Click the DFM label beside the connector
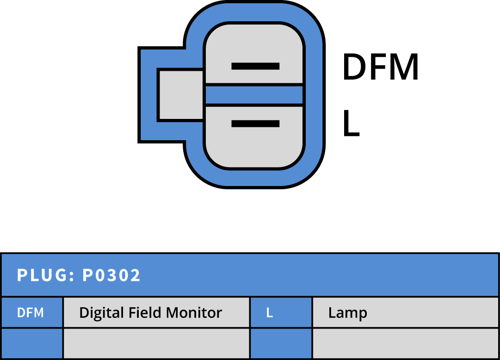click(x=380, y=67)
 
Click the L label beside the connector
click(x=351, y=123)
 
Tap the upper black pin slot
click(x=255, y=66)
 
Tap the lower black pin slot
click(x=255, y=124)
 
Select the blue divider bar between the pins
click(x=254, y=95)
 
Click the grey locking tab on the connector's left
click(x=181, y=95)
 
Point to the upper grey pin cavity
click(x=254, y=54)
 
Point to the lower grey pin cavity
click(x=254, y=137)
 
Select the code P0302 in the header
click(x=111, y=275)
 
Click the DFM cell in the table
click(x=32, y=312)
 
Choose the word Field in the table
click(x=145, y=312)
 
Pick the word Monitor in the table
click(x=194, y=312)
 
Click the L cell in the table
click(x=281, y=312)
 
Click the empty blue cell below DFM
click(x=32, y=343)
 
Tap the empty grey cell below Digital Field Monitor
click(x=157, y=343)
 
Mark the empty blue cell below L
click(x=281, y=343)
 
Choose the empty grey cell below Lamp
click(x=406, y=343)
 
